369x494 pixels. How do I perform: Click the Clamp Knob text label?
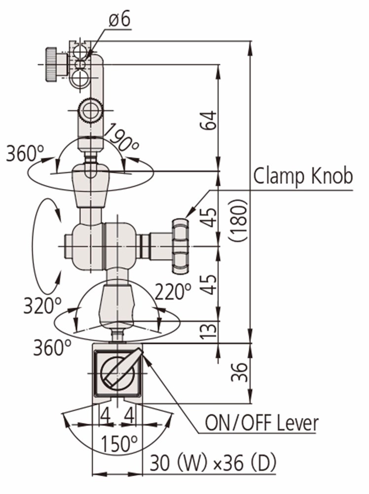[x=303, y=176]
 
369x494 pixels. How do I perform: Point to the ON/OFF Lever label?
[x=261, y=423]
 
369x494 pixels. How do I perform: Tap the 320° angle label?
[x=42, y=306]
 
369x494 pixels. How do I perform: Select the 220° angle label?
[x=173, y=292]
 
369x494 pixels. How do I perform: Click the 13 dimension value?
[x=209, y=332]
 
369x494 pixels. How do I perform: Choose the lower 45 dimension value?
[x=209, y=284]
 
